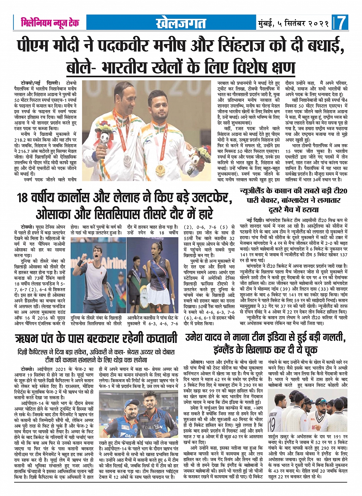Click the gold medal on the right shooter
(x=161, y=169)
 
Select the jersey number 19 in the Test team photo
(x=273, y=422)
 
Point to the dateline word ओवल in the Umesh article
(x=197, y=362)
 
